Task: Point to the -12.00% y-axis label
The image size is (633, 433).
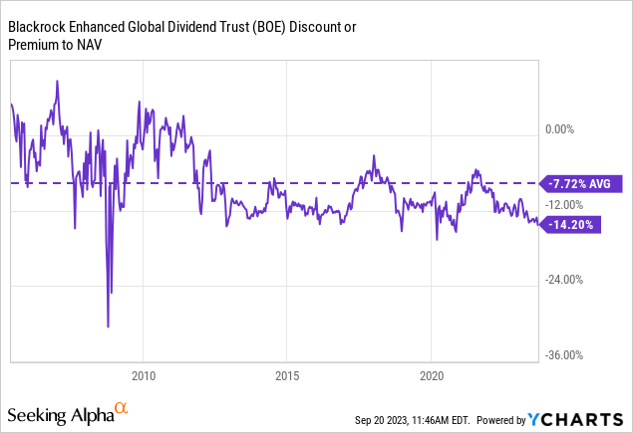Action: tap(563, 204)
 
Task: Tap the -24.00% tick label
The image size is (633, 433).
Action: tap(563, 280)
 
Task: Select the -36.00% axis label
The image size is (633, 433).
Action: tap(563, 355)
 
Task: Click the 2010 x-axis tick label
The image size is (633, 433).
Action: tap(143, 377)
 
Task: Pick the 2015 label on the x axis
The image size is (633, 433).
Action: tap(286, 377)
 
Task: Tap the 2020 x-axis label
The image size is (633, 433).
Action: tap(430, 377)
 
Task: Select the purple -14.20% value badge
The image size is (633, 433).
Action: tap(572, 224)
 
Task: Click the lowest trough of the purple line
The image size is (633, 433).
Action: tap(108, 325)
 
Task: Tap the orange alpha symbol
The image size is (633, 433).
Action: tap(122, 408)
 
